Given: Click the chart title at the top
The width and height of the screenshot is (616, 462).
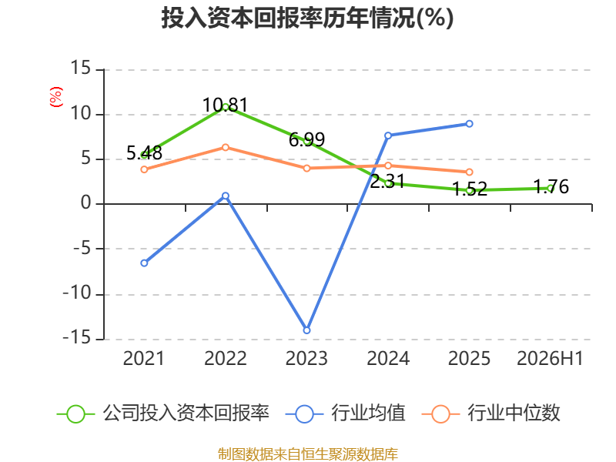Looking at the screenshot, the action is tap(307, 18).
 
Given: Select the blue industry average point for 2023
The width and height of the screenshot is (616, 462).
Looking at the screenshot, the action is tap(306, 330).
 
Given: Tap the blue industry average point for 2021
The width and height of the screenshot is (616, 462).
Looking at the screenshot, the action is tap(144, 263).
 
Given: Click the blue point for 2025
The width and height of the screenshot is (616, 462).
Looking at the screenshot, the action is tap(469, 124).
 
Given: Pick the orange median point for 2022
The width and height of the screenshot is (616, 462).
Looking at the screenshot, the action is tap(226, 147).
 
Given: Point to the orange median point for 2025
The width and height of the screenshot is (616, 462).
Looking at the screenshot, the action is tap(469, 172).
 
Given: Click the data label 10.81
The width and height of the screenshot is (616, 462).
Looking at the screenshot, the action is tap(225, 105).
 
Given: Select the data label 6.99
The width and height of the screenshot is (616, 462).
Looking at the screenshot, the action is tap(306, 139).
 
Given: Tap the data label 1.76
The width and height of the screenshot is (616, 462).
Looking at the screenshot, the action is tap(551, 186).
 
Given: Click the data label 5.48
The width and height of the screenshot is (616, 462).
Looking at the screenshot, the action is tap(144, 152).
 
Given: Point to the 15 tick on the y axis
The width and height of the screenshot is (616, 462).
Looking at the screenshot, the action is tap(81, 68).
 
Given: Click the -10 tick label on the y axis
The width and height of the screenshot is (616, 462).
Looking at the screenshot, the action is tap(78, 293).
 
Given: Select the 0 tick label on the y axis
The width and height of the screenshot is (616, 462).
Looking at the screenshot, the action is tap(86, 203).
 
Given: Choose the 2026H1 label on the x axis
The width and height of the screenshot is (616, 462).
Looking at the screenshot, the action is tap(550, 358).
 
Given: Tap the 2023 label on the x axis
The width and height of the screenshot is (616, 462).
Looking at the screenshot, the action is tap(306, 358).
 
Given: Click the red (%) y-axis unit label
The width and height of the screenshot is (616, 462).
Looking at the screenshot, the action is tap(55, 97).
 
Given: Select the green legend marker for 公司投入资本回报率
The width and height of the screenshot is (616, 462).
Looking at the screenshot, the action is tap(75, 414).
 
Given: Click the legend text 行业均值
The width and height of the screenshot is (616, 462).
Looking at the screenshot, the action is tap(368, 413).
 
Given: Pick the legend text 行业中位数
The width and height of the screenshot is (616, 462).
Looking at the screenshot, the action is tap(514, 413).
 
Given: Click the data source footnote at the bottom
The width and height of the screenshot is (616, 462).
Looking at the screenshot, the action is tap(308, 454).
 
